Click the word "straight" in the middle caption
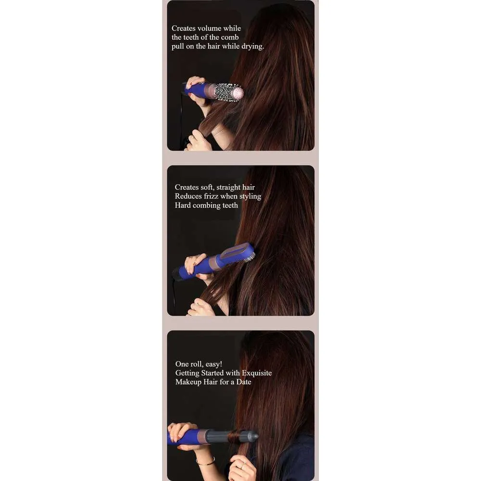(228, 188)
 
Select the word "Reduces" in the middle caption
(189, 196)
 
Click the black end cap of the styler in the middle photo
(177, 274)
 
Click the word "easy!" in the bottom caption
(214, 365)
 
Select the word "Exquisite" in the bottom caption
(257, 373)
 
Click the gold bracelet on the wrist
(205, 462)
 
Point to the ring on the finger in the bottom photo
(242, 466)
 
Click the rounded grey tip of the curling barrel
(254, 436)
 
